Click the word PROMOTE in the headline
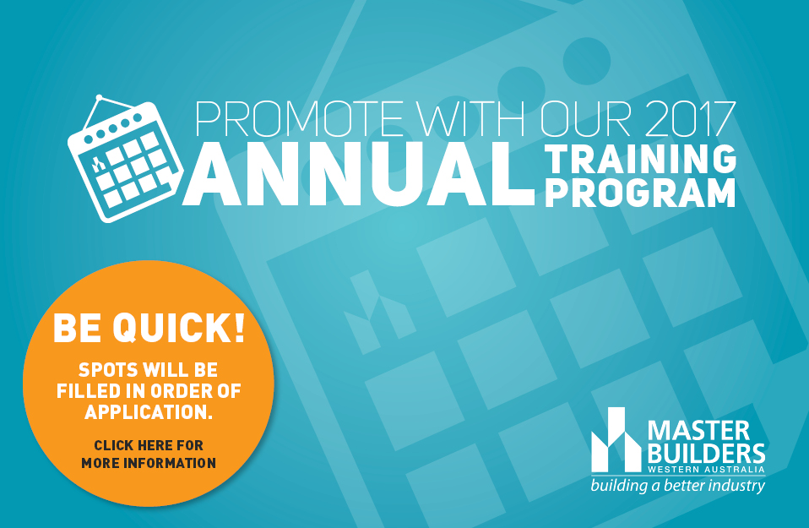(299, 119)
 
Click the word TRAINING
(641, 158)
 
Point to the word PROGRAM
(640, 193)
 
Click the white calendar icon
(125, 159)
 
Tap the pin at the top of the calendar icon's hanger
(99, 98)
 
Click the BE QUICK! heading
(149, 327)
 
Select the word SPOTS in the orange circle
(108, 369)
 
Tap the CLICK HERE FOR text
(149, 445)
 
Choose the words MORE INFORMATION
(149, 463)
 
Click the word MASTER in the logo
(698, 431)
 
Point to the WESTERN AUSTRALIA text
(706, 469)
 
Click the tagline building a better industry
(677, 486)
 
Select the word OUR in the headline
(585, 119)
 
